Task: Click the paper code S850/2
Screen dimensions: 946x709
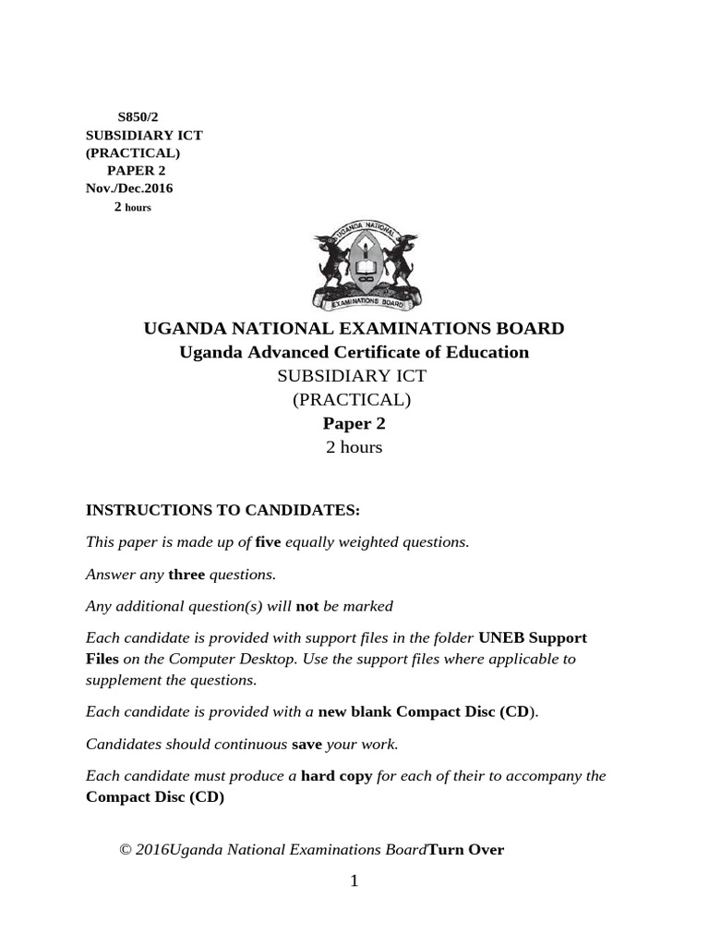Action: pos(131,117)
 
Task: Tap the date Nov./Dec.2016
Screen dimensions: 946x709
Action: pos(129,188)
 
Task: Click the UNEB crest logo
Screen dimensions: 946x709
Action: pos(367,268)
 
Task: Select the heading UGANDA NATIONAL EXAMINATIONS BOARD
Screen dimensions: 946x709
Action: pos(354,328)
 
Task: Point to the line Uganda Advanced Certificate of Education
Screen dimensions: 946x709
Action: pos(354,352)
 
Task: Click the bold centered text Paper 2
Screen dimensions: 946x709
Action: pos(354,424)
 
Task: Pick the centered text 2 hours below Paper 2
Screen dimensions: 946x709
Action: pos(354,447)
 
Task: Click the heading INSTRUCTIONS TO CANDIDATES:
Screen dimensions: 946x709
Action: pos(222,510)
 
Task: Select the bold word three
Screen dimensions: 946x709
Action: pos(186,575)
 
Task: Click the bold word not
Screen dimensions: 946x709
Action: pos(306,606)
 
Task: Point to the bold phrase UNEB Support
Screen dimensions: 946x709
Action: pos(532,638)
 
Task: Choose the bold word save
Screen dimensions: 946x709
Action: pos(306,744)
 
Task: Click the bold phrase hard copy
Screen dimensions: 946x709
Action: pos(337,776)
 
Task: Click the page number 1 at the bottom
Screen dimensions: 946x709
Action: pos(354,881)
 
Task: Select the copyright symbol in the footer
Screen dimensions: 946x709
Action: pos(126,850)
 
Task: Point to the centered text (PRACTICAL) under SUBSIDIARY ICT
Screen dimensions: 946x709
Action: pos(352,400)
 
